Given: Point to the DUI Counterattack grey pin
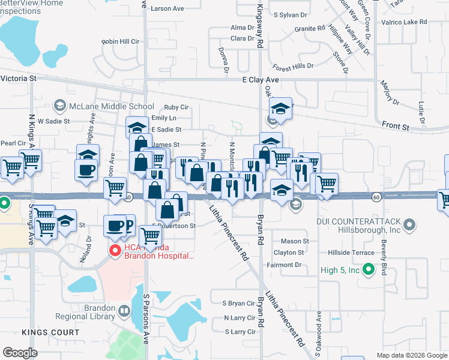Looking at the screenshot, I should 409,225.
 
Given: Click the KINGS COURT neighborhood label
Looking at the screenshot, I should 50,332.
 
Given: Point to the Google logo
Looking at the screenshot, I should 20,353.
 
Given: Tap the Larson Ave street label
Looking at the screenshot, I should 167,9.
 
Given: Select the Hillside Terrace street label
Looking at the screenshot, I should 354,253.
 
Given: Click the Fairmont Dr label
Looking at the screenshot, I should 292,265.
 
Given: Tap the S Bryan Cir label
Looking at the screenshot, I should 238,304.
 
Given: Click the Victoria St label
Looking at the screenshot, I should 19,79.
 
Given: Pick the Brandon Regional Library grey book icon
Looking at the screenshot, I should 124,310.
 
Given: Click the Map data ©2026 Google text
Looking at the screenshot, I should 412,355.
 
